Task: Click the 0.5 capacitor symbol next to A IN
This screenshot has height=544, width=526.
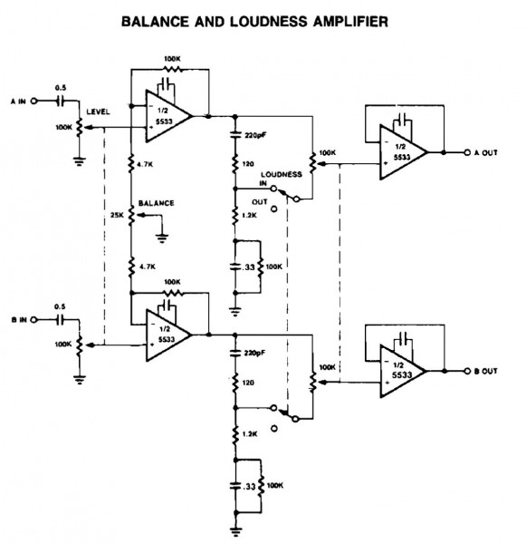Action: point(62,102)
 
